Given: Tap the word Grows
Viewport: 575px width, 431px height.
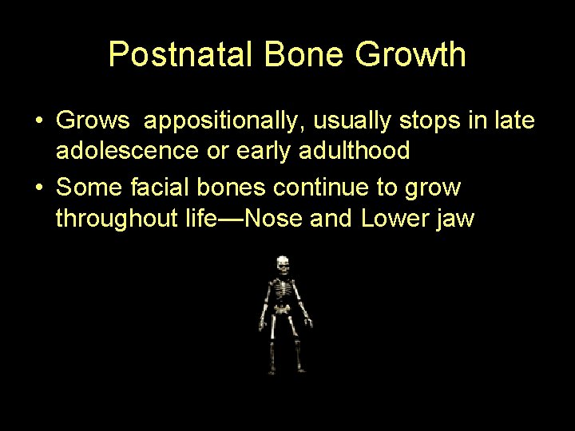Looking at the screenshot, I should pyautogui.click(x=93, y=122).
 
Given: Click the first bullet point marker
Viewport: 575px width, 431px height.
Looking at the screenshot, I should pyautogui.click(x=38, y=122).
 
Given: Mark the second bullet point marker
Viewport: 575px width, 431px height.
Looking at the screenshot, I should pyautogui.click(x=38, y=188).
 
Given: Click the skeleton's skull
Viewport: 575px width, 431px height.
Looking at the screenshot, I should pyautogui.click(x=283, y=264).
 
